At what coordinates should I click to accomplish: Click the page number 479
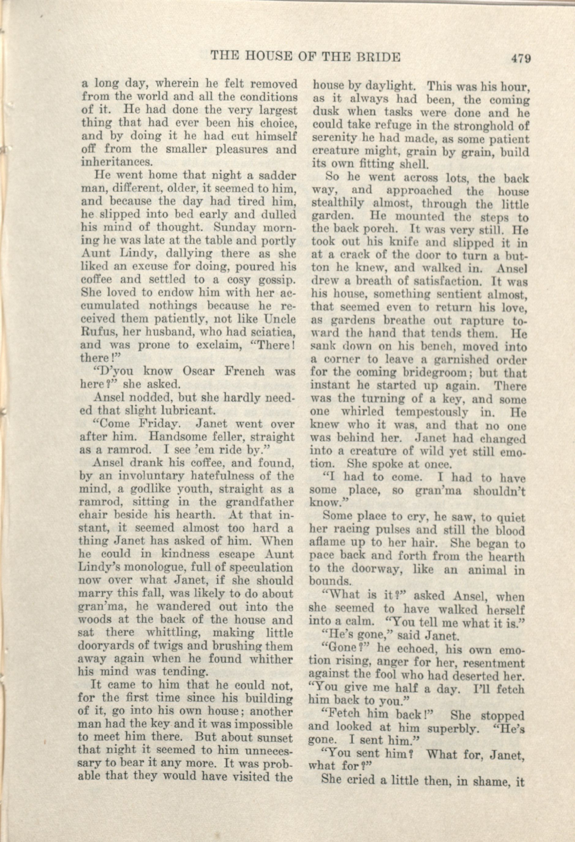(521, 58)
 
